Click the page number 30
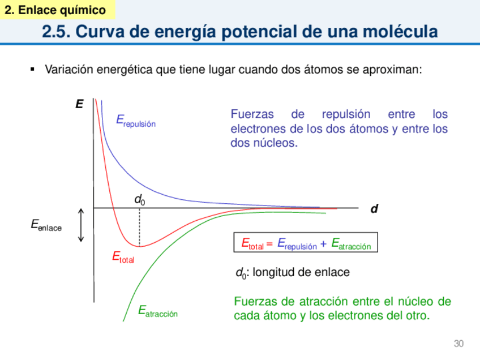pyautogui.click(x=458, y=344)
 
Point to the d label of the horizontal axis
pyautogui.click(x=374, y=209)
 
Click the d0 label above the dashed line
pyautogui.click(x=139, y=199)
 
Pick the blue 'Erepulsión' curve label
pyautogui.click(x=135, y=120)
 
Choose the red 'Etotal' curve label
pyautogui.click(x=123, y=258)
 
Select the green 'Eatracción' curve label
pyautogui.click(x=158, y=311)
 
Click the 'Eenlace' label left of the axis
pyautogui.click(x=46, y=226)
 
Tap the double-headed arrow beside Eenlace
pyautogui.click(x=82, y=225)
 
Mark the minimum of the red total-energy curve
pyautogui.click(x=140, y=246)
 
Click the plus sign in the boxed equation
pyautogui.click(x=323, y=244)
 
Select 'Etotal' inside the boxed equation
pyautogui.click(x=252, y=244)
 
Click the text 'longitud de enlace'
pyautogui.click(x=301, y=272)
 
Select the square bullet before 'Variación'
pyautogui.click(x=32, y=70)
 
